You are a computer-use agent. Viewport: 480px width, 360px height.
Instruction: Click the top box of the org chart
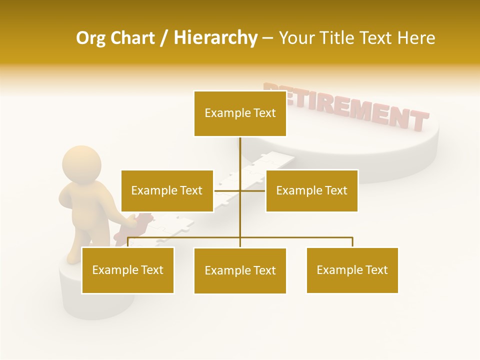tap(240, 113)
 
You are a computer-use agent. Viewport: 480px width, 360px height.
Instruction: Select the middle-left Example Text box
tap(167, 190)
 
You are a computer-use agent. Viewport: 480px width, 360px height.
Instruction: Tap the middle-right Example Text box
tap(311, 190)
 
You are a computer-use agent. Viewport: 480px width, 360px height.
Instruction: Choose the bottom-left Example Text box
tap(127, 270)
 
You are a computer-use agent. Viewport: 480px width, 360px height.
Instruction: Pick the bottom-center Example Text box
tap(240, 270)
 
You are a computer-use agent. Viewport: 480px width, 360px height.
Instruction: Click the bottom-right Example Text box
tap(352, 270)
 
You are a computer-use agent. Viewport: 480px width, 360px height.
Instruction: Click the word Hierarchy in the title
tap(215, 38)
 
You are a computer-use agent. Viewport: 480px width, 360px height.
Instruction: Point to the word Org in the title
tap(90, 38)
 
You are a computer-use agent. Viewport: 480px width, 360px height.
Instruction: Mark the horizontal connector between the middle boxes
tap(227, 190)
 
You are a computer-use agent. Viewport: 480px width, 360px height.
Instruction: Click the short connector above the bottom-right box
tap(352, 242)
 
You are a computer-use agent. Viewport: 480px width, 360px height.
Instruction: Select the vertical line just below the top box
tap(240, 150)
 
